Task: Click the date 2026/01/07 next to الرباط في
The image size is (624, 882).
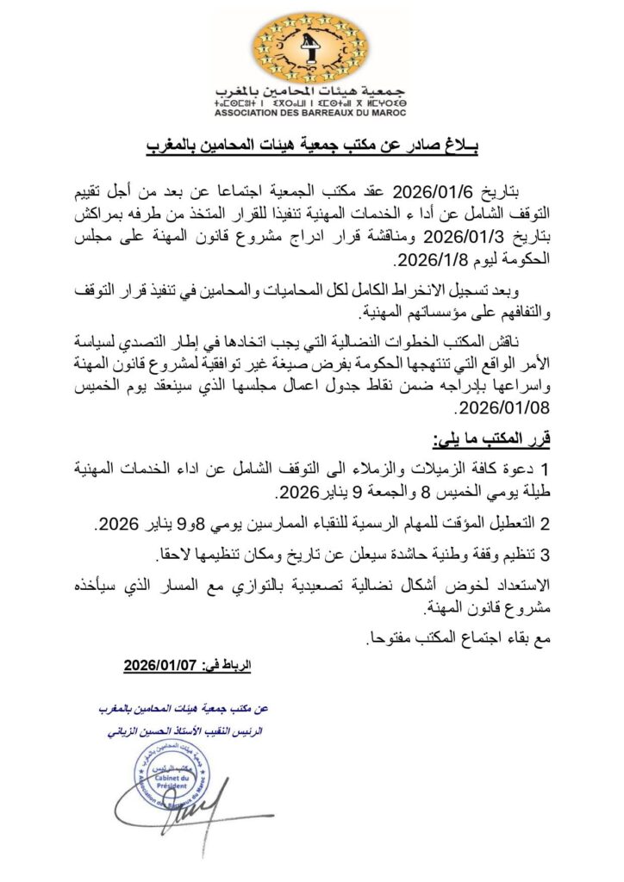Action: tap(162, 666)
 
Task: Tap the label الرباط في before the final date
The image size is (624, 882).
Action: tap(227, 666)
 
